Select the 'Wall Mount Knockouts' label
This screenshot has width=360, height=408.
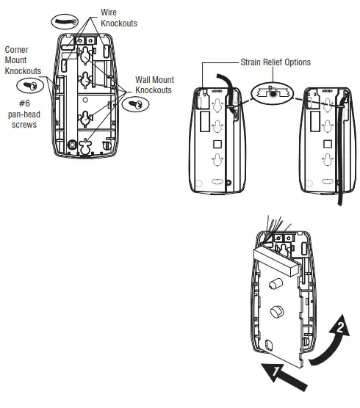153,84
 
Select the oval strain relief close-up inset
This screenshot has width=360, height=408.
273,92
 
